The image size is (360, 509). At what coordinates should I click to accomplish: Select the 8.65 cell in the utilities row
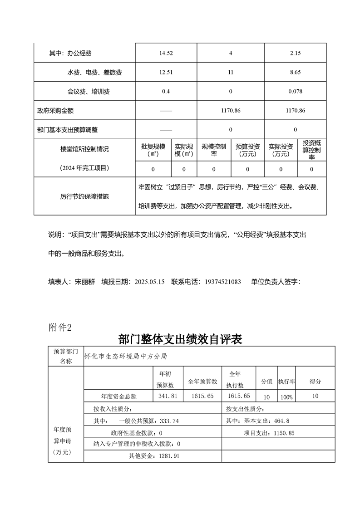tap(295, 72)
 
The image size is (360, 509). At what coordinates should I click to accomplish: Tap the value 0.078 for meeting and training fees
tap(295, 92)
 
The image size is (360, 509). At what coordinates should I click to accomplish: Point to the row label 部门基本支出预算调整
tap(67, 130)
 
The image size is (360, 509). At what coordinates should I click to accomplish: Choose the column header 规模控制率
tap(214, 150)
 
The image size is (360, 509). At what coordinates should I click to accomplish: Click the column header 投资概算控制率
tap(312, 150)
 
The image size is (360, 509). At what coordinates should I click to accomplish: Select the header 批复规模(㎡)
tap(153, 150)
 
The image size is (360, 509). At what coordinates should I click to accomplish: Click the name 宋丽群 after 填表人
tap(85, 282)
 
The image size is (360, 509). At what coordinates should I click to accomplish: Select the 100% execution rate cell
tap(286, 397)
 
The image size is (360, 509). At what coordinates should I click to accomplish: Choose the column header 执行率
tap(286, 382)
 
